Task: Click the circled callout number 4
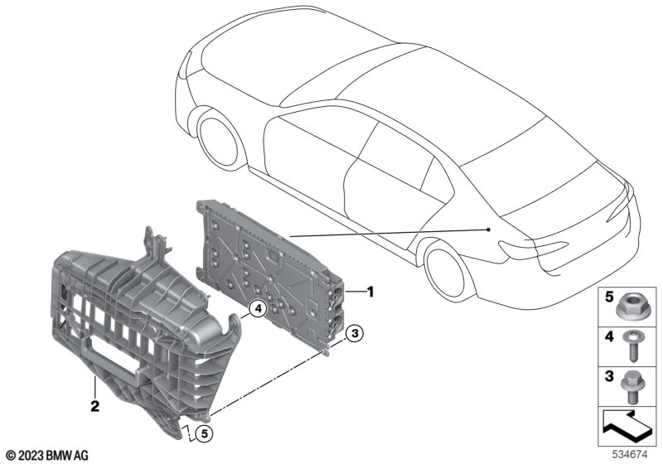(258, 309)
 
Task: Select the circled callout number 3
(355, 333)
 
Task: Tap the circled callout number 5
(204, 433)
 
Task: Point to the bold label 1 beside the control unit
(370, 292)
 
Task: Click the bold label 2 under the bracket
(95, 406)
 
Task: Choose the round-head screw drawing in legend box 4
(632, 346)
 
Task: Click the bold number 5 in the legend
(609, 297)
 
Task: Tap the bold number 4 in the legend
(609, 336)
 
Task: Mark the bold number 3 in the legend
(609, 375)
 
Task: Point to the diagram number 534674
(630, 455)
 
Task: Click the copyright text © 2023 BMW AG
(47, 456)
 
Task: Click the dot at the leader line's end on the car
(489, 230)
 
